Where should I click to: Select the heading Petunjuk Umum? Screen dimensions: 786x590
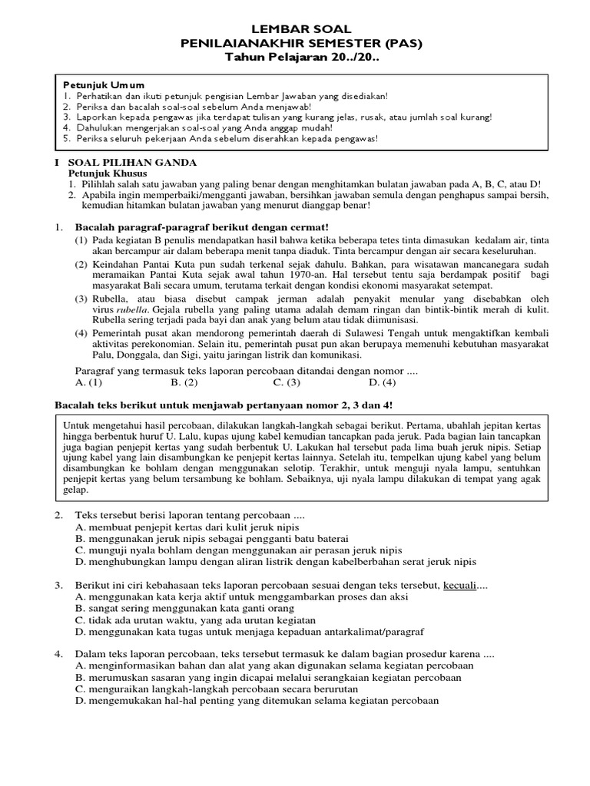point(104,84)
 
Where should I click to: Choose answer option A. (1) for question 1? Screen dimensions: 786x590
point(89,381)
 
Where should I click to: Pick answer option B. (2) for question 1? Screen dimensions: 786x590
point(184,381)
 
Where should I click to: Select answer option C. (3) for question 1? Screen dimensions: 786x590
point(286,381)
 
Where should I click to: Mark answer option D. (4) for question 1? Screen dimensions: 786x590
point(382,381)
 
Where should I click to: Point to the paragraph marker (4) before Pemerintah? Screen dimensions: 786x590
point(81,333)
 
